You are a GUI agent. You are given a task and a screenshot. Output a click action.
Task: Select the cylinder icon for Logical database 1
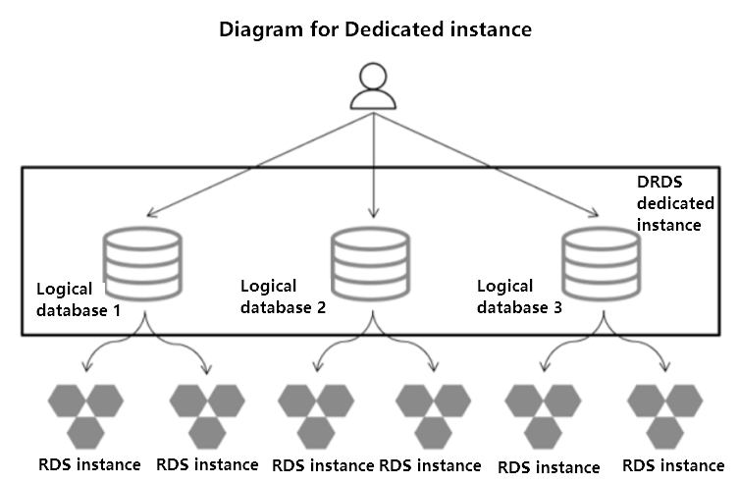143,264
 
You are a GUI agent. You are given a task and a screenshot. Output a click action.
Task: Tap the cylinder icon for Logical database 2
371,262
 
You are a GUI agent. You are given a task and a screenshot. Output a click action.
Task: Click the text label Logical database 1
78,298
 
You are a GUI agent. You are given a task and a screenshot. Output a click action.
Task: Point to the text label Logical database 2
283,296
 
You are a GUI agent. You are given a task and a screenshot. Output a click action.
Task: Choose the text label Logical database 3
519,296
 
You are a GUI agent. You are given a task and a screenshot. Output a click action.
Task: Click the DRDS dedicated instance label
669,204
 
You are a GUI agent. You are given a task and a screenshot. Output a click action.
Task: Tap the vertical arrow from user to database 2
372,162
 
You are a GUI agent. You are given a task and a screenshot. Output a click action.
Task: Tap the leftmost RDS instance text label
89,464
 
